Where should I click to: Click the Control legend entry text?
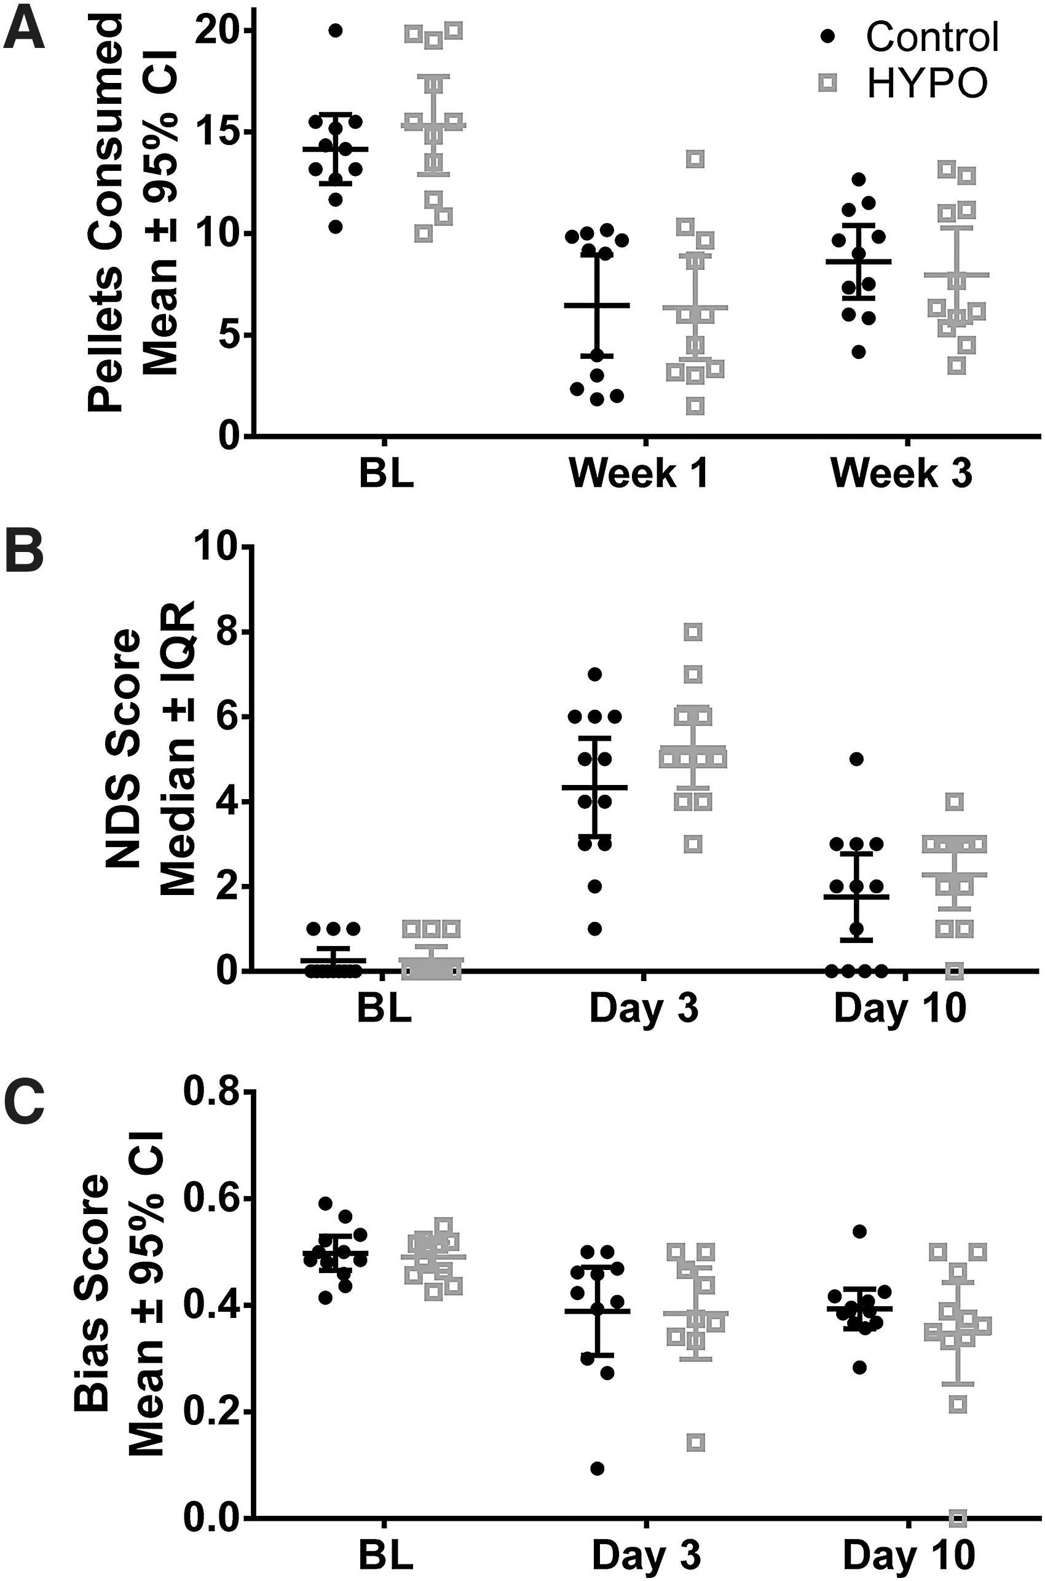[x=932, y=37]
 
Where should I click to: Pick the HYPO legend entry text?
[x=926, y=83]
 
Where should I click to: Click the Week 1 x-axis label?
[x=638, y=473]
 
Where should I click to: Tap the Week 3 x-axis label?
[x=901, y=473]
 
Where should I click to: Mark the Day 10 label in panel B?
[x=900, y=1009]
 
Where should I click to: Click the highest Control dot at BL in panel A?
[x=335, y=30]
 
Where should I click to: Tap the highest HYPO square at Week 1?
[x=696, y=159]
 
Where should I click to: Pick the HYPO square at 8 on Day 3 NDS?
[x=694, y=631]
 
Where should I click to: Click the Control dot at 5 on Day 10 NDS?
[x=857, y=759]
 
